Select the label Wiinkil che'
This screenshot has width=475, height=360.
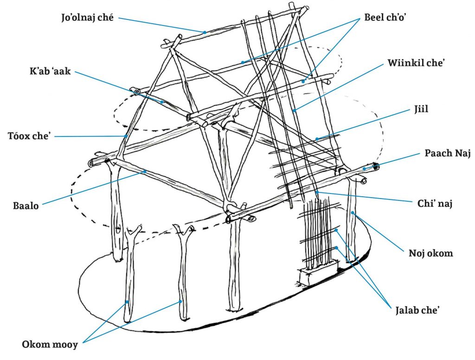416,64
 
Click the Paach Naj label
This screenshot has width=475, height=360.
447,154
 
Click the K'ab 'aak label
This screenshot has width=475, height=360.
50,72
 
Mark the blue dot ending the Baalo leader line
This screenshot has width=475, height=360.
145,171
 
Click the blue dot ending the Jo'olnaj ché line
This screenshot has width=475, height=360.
204,32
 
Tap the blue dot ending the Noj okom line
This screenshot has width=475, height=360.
353,213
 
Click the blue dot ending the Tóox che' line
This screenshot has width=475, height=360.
126,136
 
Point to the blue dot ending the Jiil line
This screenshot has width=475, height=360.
316,138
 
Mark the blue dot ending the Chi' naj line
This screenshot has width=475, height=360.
317,192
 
